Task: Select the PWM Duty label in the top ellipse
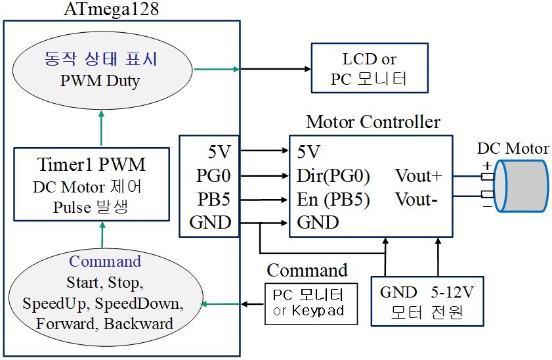(x=101, y=83)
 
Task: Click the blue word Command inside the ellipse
(x=105, y=261)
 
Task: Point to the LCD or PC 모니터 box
(x=370, y=68)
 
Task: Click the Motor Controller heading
(x=373, y=122)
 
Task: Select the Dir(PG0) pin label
(x=333, y=176)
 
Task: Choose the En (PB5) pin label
(x=333, y=199)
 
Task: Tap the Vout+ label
(x=418, y=176)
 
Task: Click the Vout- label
(x=416, y=199)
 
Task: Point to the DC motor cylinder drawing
(x=521, y=185)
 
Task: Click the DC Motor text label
(x=513, y=148)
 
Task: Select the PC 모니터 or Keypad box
(x=310, y=303)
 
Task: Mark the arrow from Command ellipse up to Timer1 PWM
(x=101, y=233)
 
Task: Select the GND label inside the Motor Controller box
(x=318, y=223)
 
